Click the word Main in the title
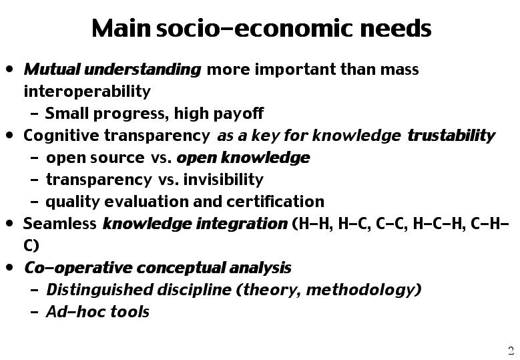(x=121, y=28)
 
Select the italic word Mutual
(x=52, y=69)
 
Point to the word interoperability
(x=87, y=92)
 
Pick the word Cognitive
(x=61, y=136)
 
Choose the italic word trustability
(x=451, y=136)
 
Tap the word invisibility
(x=224, y=180)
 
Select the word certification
(x=275, y=202)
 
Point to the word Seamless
(x=59, y=224)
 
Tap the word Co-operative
(x=78, y=268)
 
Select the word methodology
(x=361, y=290)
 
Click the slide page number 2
(x=511, y=351)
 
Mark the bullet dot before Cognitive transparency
(x=9, y=136)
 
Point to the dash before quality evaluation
(x=34, y=202)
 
